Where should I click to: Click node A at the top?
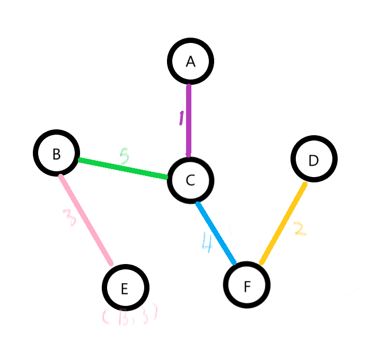191,61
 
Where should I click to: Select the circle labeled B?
56,153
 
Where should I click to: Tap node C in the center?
190,180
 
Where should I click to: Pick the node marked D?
314,159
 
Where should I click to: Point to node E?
125,287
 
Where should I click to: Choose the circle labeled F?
247,285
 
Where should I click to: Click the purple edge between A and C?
189,120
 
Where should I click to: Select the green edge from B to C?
123,168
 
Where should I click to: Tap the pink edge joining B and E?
86,219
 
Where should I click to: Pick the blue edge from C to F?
216,232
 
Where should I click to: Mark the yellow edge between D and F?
283,223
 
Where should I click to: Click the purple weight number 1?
181,118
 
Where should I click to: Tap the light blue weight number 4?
207,242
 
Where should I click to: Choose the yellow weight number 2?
300,229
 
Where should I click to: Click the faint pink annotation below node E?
129,317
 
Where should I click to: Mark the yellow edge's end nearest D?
304,185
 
